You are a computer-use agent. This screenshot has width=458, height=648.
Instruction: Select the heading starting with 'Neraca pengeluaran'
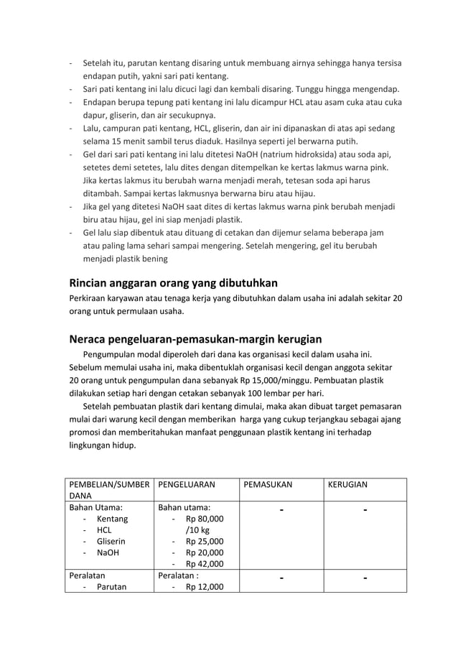[195, 338]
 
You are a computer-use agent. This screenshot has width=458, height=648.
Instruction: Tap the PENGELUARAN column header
[186, 485]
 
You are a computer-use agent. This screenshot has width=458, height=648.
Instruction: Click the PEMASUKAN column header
[268, 485]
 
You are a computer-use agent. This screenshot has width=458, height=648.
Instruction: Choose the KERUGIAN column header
[347, 485]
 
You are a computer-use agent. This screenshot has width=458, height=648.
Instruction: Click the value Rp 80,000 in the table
[204, 518]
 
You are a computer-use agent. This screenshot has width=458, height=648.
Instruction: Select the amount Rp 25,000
[204, 541]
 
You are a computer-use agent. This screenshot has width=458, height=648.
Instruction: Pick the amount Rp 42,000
[204, 564]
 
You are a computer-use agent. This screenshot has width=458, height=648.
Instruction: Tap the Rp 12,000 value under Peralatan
[204, 587]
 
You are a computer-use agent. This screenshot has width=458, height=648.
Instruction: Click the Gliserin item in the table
[112, 541]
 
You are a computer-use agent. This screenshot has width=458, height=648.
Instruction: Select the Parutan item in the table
[111, 587]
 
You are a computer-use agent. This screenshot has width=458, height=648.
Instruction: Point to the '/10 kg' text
[197, 529]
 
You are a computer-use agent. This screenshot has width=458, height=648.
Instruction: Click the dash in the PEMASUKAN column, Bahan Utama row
[281, 511]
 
